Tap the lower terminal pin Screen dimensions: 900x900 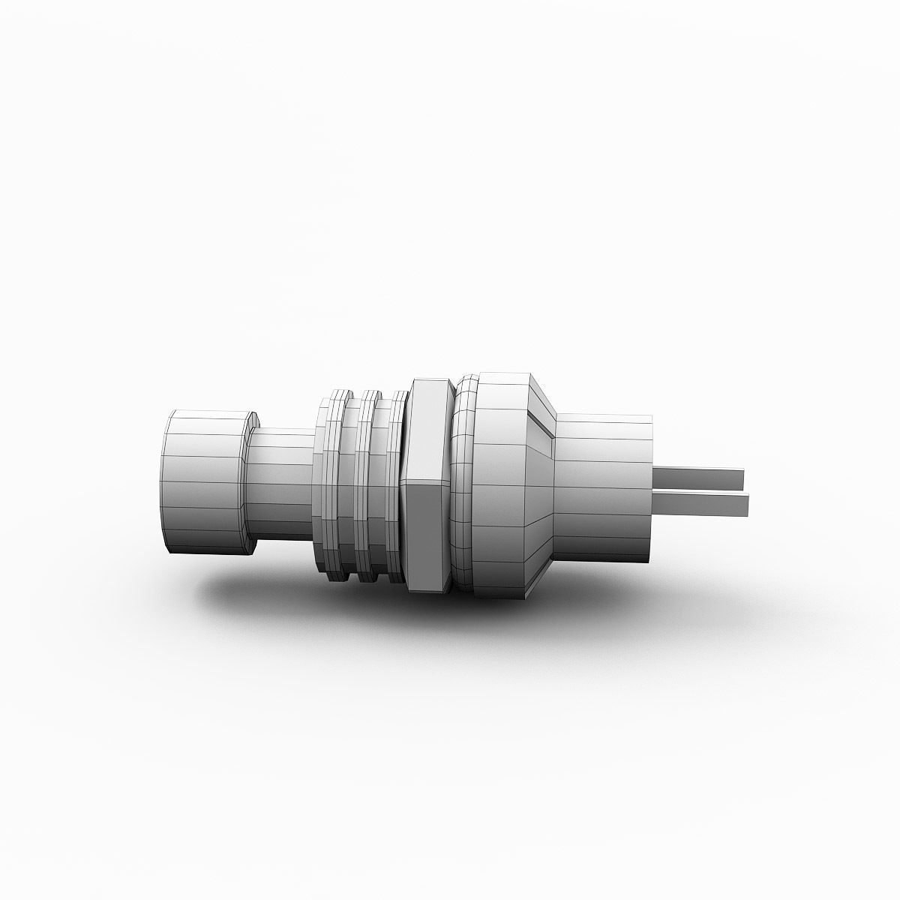coord(701,504)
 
